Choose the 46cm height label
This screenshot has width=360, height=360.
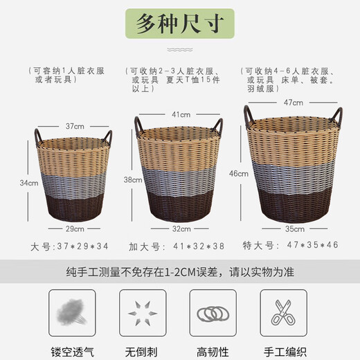pos(240,174)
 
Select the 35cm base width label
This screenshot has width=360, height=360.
pos(294,228)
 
